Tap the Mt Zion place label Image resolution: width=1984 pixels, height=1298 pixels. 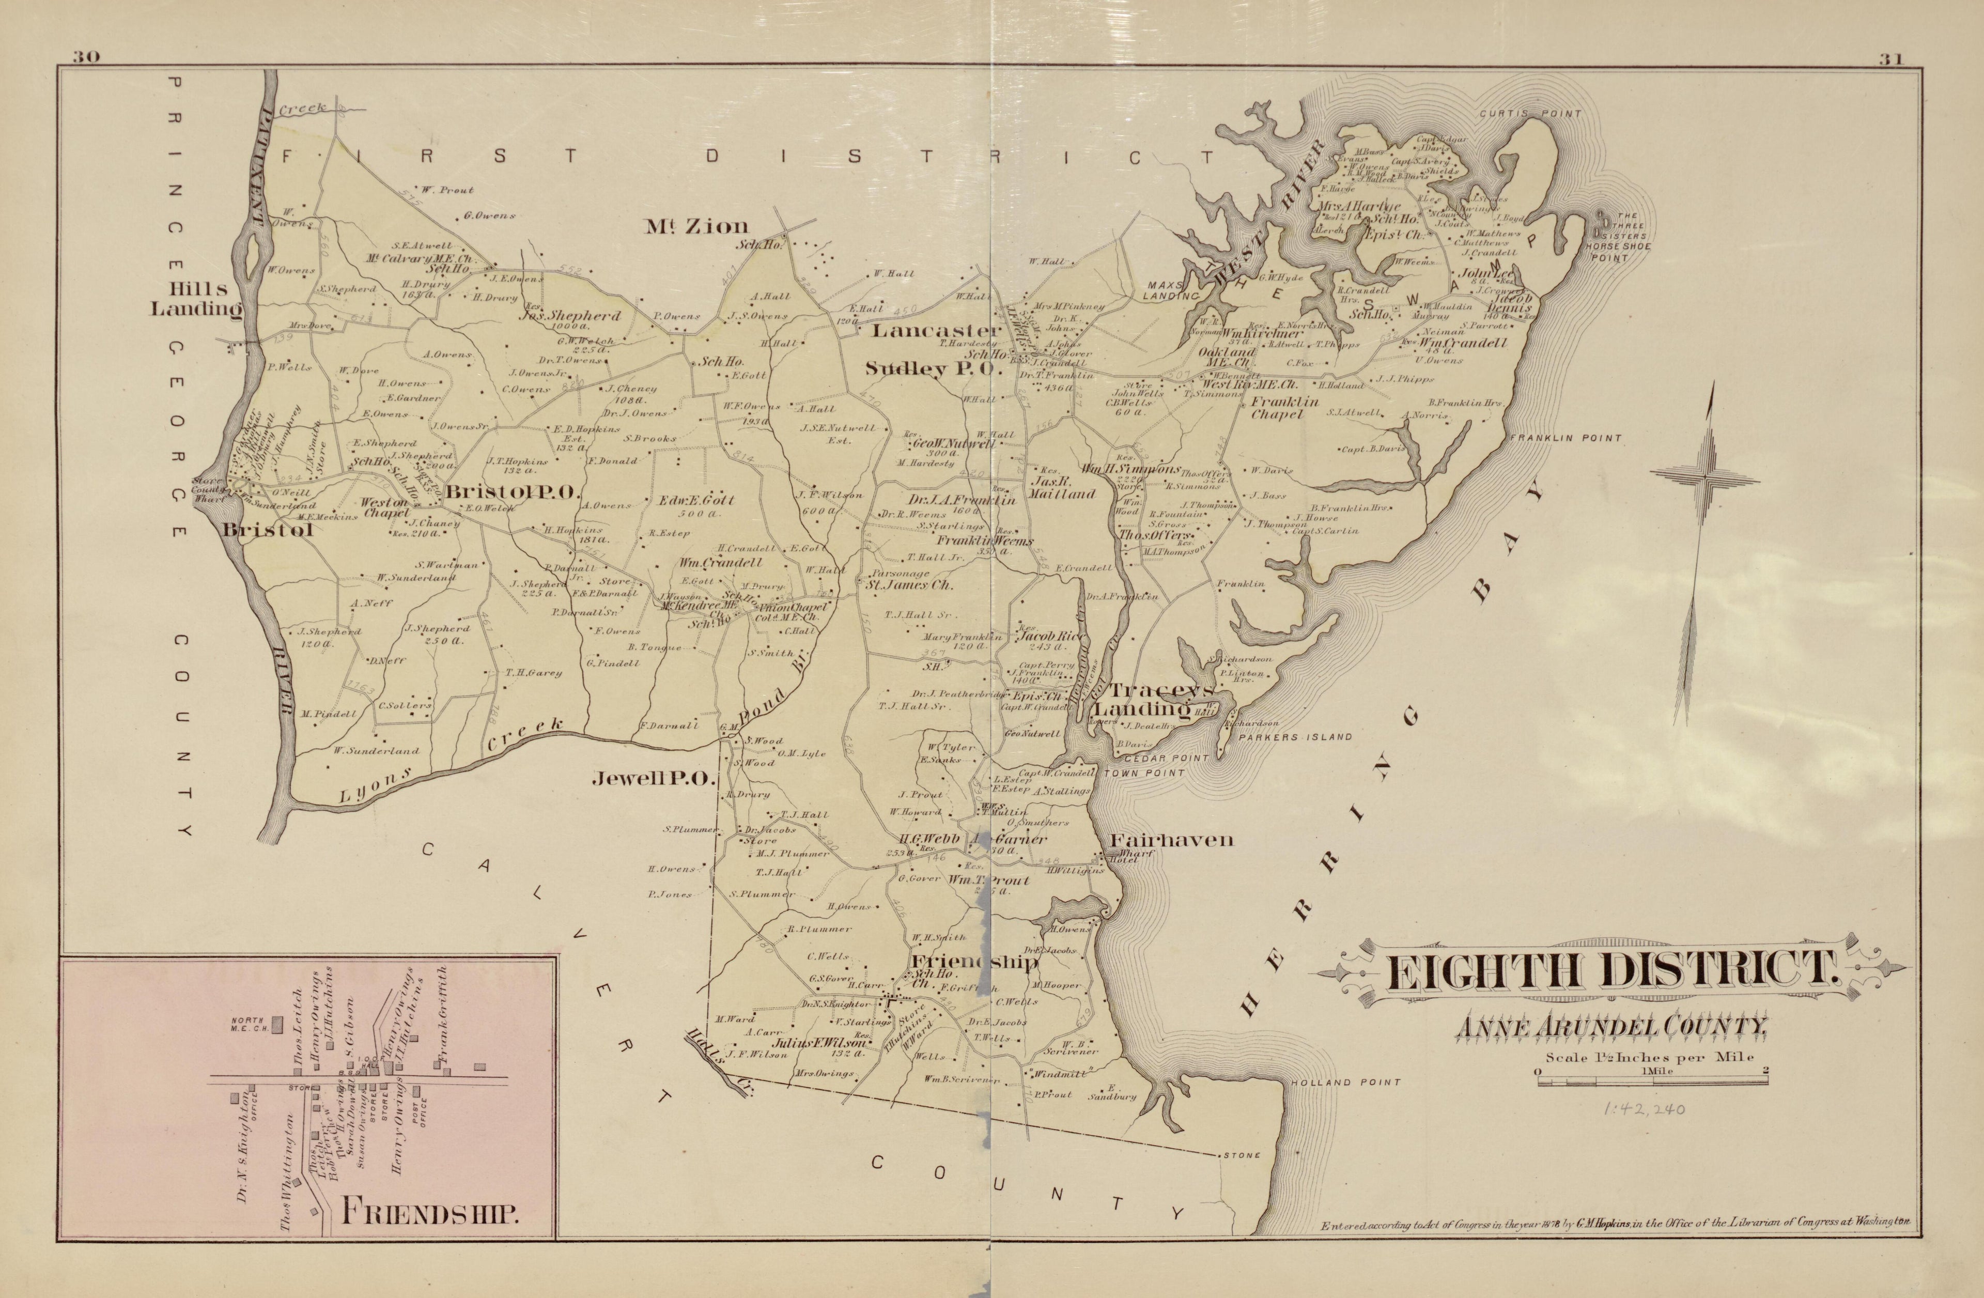click(697, 226)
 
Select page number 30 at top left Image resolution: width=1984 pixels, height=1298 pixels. click(86, 57)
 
